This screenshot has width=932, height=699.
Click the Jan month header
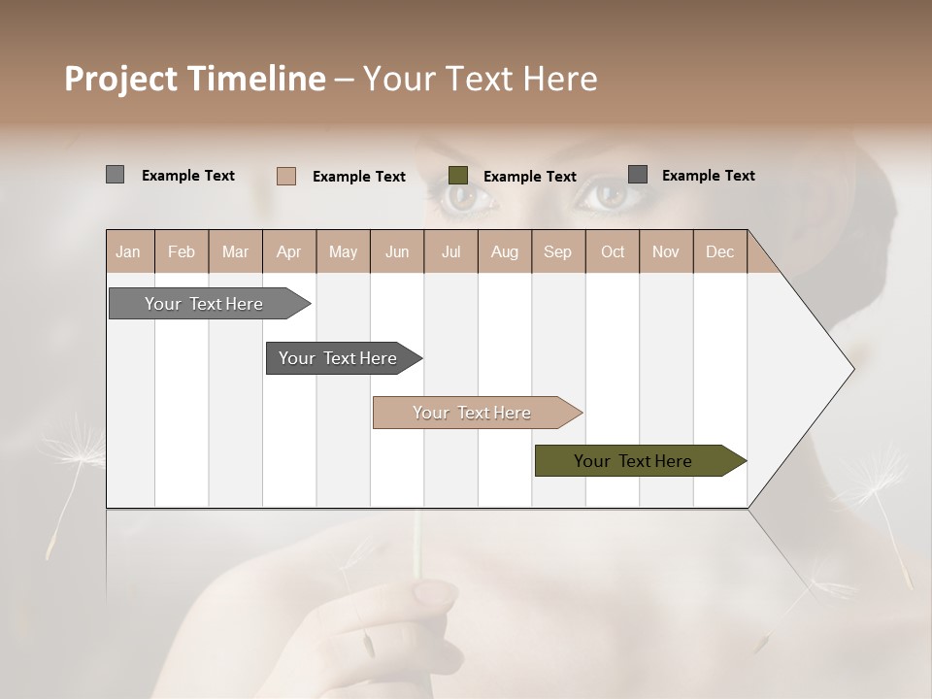tap(128, 251)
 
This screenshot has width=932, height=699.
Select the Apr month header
tap(288, 251)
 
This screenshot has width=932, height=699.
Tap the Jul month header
tap(450, 251)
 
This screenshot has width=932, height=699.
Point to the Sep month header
tap(557, 251)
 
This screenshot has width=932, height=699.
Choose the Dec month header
tap(719, 251)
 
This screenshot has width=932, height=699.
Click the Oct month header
tap(613, 251)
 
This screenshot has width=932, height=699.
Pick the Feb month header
tap(182, 251)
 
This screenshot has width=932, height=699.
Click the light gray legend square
tap(115, 175)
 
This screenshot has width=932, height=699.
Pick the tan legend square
tap(285, 176)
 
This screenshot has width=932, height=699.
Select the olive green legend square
tap(458, 176)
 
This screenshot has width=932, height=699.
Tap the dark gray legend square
tap(638, 175)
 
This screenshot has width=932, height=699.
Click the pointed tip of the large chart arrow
tap(851, 369)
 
